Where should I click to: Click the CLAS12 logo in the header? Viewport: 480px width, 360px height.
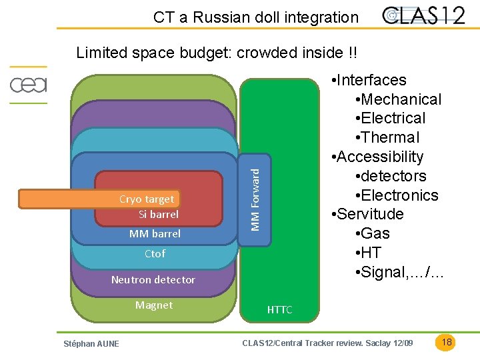coord(424,16)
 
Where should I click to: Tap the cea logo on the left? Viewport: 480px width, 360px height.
coord(28,85)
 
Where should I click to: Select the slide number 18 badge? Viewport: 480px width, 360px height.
coord(447,343)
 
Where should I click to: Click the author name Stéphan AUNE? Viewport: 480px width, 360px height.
coord(91,343)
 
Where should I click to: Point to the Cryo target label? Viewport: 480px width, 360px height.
coord(147,199)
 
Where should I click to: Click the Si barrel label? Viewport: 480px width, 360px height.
coord(159,214)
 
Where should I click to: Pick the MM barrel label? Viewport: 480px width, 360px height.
coord(155,234)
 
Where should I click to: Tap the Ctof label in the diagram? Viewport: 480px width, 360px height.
coord(155,253)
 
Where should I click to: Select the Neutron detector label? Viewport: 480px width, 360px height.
coord(153,279)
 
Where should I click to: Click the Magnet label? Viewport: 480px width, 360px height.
coord(154,305)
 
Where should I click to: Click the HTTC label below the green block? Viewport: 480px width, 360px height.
coord(279,310)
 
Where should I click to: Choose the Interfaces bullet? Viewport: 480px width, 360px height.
coord(372,80)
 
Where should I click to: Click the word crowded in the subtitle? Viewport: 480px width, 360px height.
coord(267,52)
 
